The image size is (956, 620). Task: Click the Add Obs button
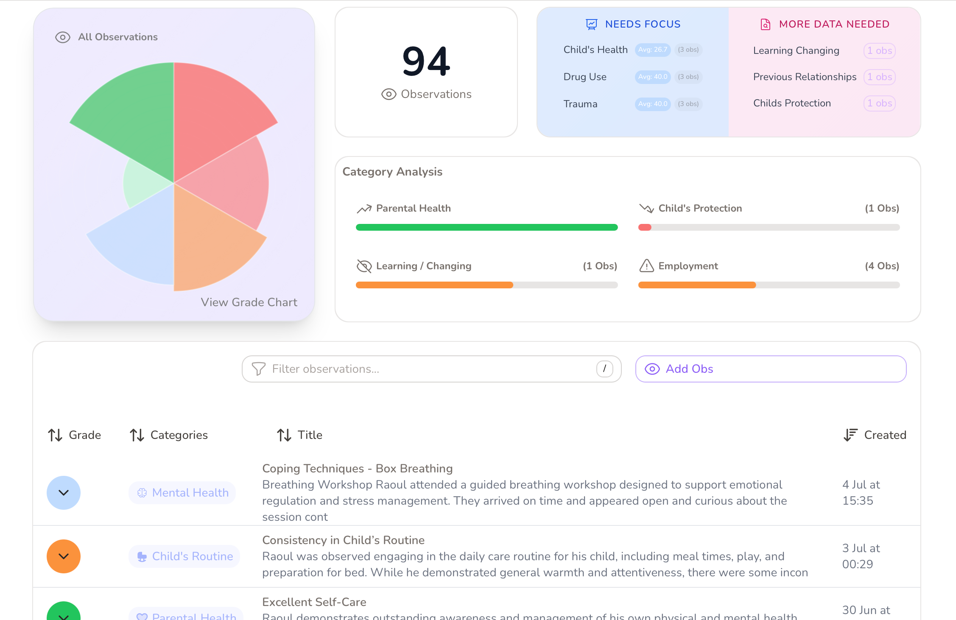click(x=770, y=369)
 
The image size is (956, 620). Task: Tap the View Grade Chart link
click(x=249, y=302)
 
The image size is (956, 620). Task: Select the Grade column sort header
click(x=75, y=435)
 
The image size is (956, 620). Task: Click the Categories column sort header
click(x=169, y=435)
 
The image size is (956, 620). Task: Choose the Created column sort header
click(x=875, y=435)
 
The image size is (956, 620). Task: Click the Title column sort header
click(x=299, y=435)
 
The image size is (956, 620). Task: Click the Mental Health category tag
click(x=182, y=493)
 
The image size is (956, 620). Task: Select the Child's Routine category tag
click(x=184, y=556)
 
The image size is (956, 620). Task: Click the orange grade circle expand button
click(x=64, y=556)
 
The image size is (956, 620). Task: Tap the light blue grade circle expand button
click(x=64, y=493)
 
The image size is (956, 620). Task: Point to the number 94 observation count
click(x=426, y=62)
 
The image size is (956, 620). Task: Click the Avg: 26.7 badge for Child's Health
click(x=652, y=50)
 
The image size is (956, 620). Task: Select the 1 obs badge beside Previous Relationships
click(x=879, y=77)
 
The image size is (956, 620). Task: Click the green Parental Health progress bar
click(x=486, y=227)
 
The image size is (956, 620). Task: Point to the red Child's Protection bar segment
click(x=645, y=227)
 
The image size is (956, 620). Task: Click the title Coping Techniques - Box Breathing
click(x=357, y=469)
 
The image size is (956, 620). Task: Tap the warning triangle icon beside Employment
click(x=646, y=266)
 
